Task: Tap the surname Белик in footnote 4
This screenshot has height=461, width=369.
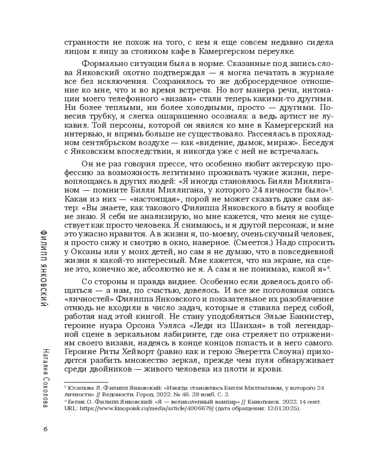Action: point(77,402)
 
